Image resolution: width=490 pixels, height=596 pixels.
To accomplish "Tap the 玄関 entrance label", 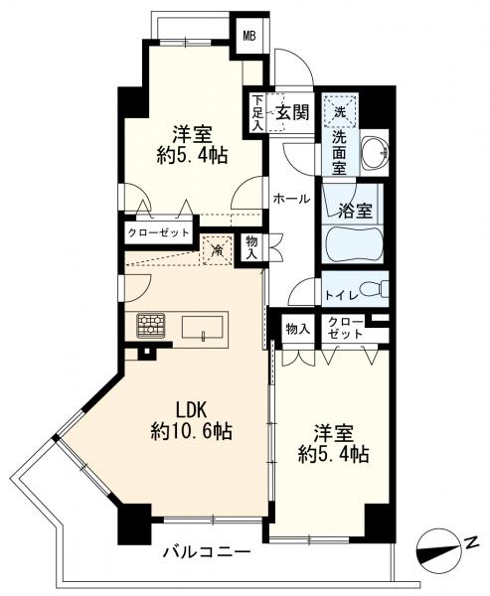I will [x=290, y=110].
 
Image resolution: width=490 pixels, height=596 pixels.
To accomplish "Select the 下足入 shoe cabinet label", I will [x=257, y=111].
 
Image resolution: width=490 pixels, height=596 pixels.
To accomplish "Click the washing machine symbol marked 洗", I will [x=340, y=110].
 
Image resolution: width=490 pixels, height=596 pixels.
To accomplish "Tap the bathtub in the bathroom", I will [x=354, y=243].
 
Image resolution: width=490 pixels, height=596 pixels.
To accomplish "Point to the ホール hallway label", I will [x=291, y=200].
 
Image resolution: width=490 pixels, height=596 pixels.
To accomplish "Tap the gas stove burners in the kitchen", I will [x=151, y=325].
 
